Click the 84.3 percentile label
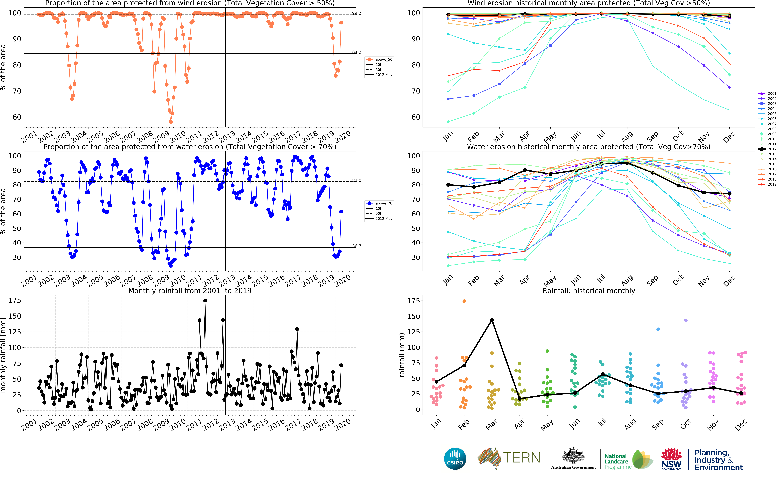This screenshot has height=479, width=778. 357,52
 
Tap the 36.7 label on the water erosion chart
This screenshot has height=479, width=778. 357,246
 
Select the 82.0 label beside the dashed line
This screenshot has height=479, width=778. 357,181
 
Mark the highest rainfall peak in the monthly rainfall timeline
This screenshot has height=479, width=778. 205,301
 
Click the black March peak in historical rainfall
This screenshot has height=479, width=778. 492,320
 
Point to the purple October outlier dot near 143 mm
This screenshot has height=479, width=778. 686,320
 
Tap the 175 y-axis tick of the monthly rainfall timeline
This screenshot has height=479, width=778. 15,300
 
